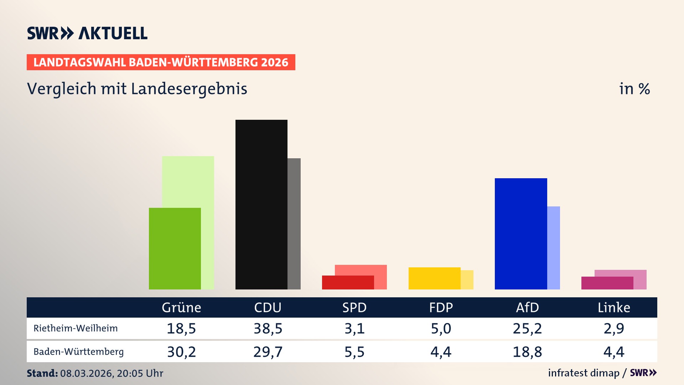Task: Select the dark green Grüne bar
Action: [x=175, y=248]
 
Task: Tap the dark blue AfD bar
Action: [x=520, y=233]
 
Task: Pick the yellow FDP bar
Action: [x=434, y=278]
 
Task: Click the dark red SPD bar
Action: [x=348, y=282]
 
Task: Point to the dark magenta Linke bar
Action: [x=607, y=283]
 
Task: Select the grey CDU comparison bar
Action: [x=294, y=224]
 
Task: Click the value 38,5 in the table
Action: [x=268, y=328]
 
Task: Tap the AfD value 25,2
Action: [x=527, y=328]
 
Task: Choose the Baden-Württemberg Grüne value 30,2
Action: [x=181, y=352]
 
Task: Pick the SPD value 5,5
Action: [x=354, y=352]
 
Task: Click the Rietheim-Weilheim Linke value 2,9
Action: [x=614, y=328]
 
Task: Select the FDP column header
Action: [x=441, y=307]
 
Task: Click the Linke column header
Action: [x=614, y=307]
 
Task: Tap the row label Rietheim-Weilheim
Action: [x=76, y=328]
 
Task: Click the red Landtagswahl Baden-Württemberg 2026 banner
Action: [x=161, y=62]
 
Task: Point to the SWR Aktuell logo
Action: [x=87, y=33]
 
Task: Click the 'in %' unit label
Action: [x=634, y=89]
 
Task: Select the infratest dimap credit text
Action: [x=584, y=373]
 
